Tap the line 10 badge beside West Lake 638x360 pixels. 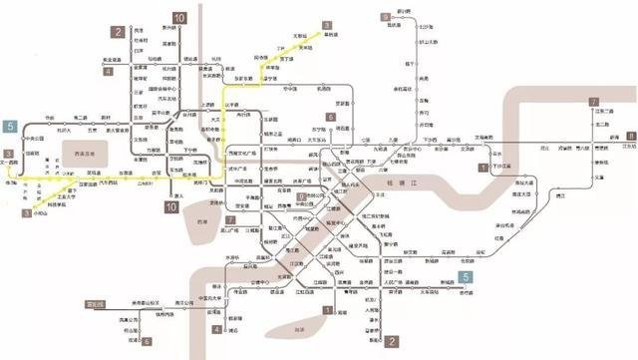point(171,207)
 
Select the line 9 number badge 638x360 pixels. point(385,18)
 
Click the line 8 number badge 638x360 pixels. point(631,136)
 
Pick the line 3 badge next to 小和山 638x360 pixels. point(26,212)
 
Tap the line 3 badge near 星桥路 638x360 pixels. point(326,25)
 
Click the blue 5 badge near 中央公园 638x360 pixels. point(10,127)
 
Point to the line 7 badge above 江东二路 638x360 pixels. point(593,102)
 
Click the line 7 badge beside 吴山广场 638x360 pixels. point(230,220)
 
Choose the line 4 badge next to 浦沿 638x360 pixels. point(217,328)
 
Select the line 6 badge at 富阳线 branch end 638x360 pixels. point(147,341)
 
